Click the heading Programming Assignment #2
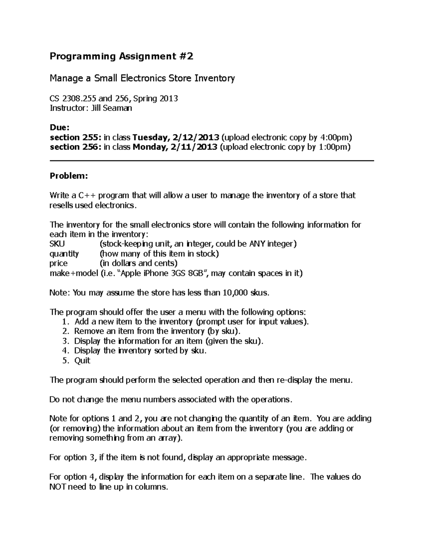click(x=122, y=57)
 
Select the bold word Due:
click(x=60, y=127)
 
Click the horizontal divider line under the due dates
click(x=212, y=161)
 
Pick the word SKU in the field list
click(x=57, y=244)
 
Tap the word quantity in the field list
click(x=64, y=253)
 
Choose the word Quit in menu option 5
click(x=82, y=361)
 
